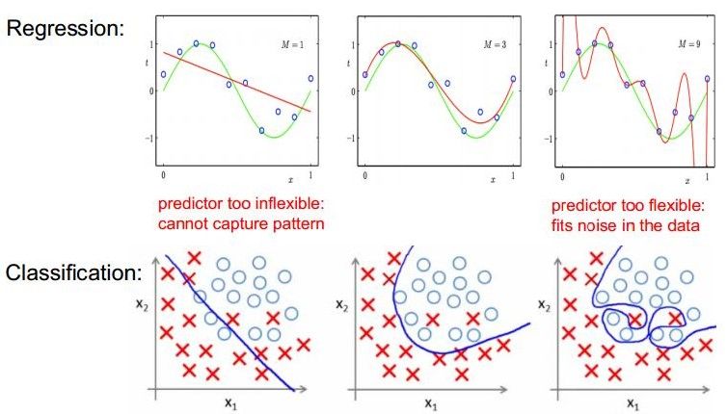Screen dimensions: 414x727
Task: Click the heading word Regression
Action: click(x=67, y=26)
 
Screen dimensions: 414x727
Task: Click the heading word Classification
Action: click(x=73, y=272)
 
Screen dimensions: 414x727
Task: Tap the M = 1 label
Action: click(x=297, y=44)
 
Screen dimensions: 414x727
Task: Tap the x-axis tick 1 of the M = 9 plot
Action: click(x=711, y=176)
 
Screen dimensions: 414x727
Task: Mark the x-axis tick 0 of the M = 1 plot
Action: click(x=164, y=176)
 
